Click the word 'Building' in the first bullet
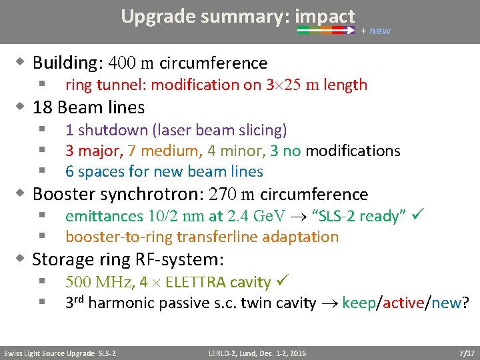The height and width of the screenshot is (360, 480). [x=65, y=63]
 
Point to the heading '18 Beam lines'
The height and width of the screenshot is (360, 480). [x=88, y=107]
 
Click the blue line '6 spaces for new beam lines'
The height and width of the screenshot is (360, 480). [x=164, y=171]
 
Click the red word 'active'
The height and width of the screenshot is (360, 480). [x=403, y=303]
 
